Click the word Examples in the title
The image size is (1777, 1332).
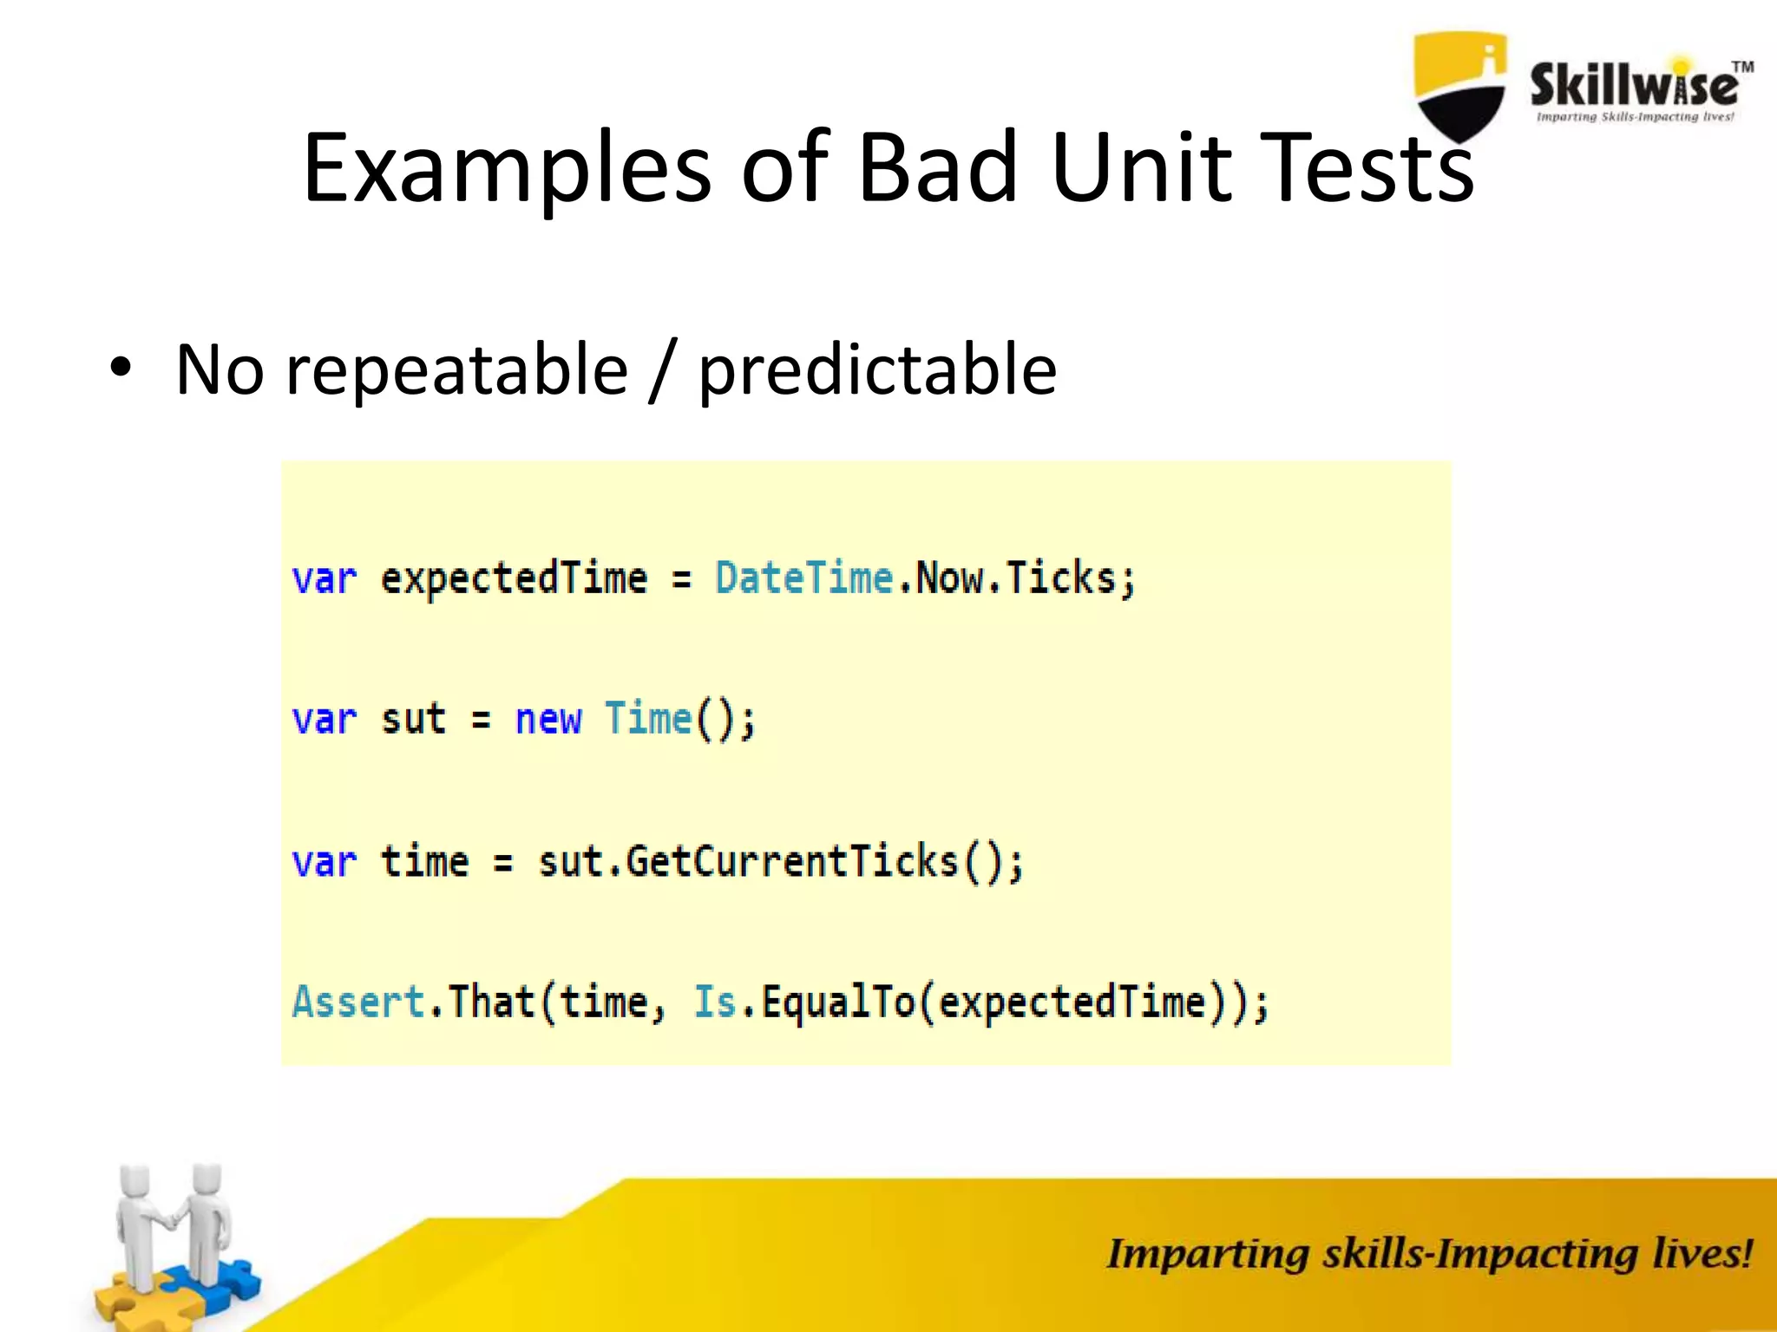click(508, 169)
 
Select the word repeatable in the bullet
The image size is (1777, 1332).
click(456, 371)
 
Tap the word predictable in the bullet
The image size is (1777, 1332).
click(877, 371)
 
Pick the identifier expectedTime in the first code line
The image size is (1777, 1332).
click(514, 578)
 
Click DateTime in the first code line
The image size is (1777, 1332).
click(803, 578)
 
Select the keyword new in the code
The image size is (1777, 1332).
click(548, 720)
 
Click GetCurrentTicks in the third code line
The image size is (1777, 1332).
click(791, 862)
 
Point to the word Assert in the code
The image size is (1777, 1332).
click(357, 1002)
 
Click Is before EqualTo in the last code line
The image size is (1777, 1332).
click(714, 1002)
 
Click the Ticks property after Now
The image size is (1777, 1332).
click(1060, 578)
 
